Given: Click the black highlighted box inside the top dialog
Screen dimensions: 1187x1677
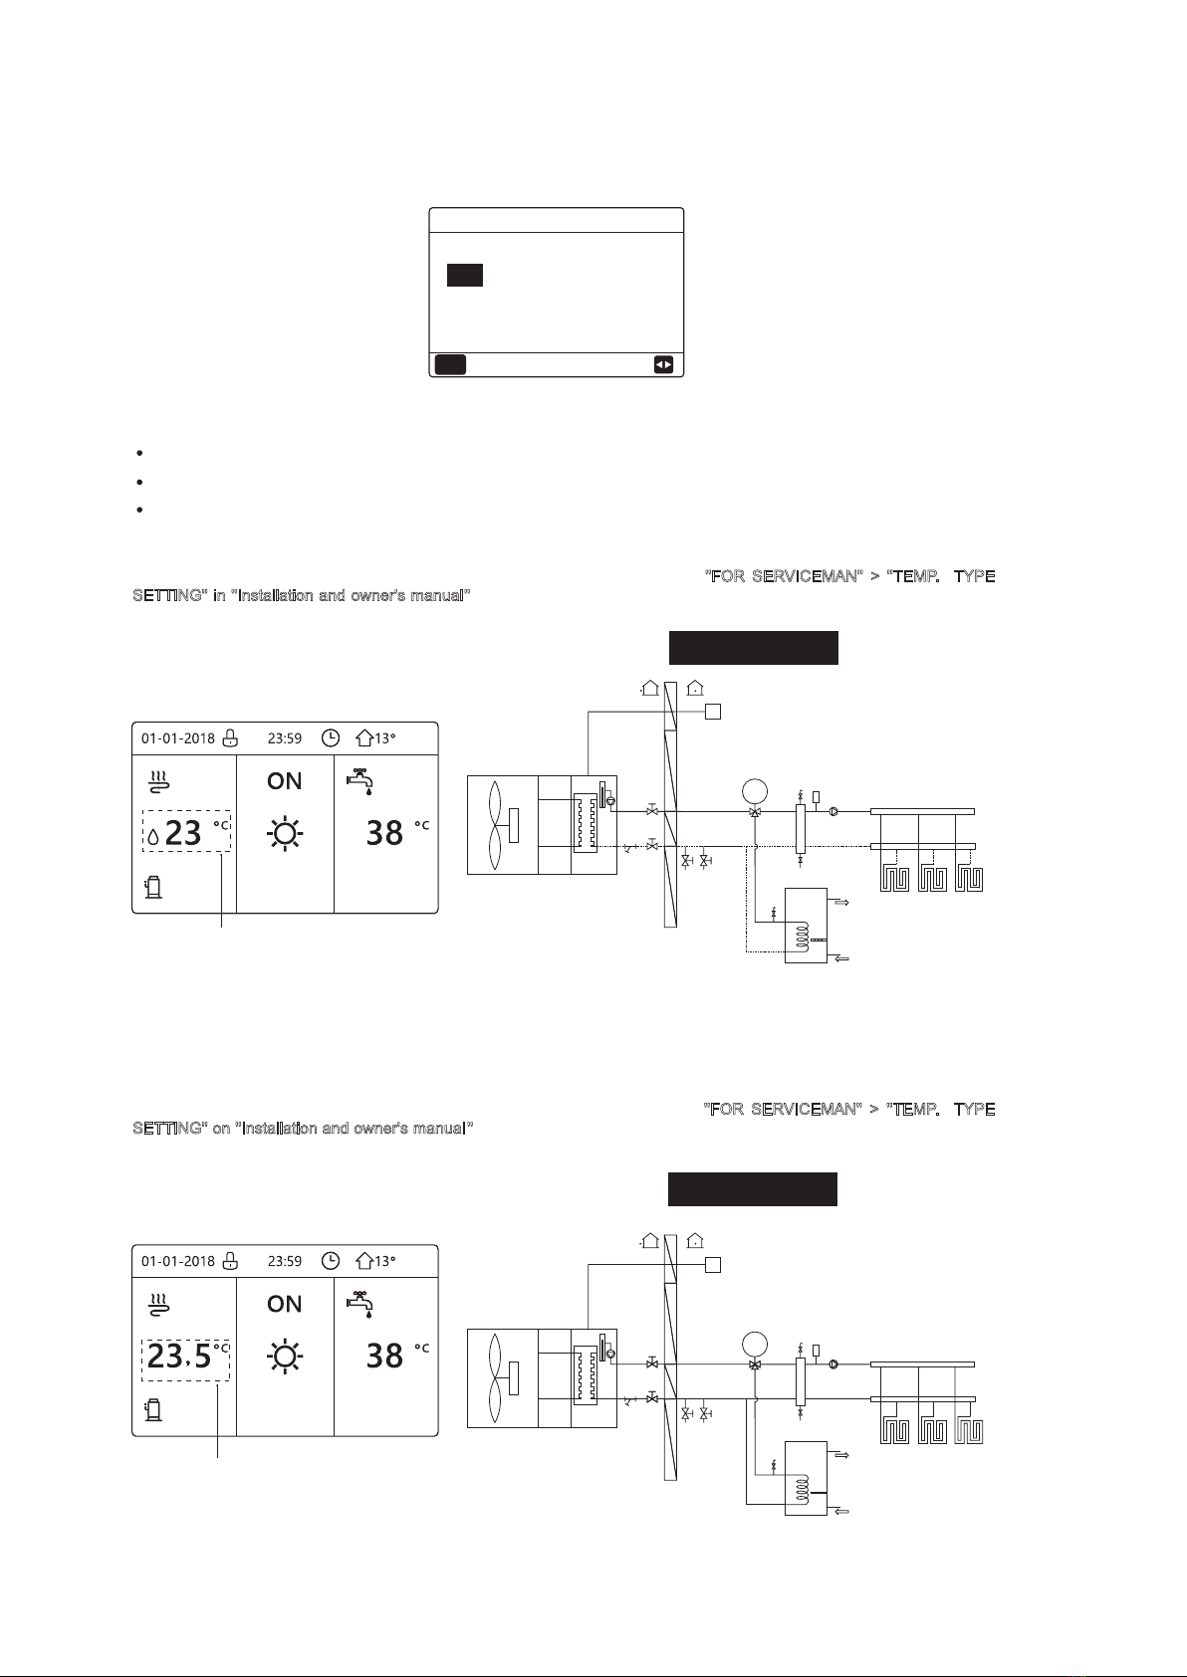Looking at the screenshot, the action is tap(464, 275).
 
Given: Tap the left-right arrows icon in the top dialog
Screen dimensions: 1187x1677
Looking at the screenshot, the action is tap(663, 365).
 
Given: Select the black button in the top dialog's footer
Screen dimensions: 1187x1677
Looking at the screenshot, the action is tap(450, 365).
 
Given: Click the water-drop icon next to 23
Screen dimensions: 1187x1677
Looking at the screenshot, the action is tap(152, 838).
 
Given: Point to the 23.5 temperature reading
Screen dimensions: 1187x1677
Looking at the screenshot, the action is tap(180, 1356).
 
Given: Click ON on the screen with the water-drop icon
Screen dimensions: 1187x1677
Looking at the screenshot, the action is tap(285, 781).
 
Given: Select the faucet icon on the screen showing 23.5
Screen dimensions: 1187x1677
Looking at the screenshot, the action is tap(359, 1302).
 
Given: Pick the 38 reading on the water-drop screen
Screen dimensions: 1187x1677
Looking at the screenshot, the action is tap(384, 833).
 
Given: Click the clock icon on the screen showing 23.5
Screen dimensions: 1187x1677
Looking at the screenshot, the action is tap(331, 1261).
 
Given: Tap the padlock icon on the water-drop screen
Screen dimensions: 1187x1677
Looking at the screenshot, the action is tap(230, 738).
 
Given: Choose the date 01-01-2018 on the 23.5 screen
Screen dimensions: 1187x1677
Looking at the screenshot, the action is tap(177, 1261).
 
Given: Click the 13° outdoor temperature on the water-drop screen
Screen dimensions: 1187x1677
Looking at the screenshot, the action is tap(377, 738).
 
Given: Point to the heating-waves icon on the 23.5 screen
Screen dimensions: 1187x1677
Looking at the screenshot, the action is tap(158, 1303).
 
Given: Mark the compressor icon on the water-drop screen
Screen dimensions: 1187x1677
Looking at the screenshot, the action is tap(153, 887).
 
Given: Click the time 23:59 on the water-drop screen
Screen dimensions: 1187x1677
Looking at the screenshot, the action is tap(285, 738).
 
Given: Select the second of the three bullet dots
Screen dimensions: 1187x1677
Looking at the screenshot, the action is tap(139, 482).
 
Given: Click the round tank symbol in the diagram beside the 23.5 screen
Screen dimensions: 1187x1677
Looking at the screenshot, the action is tap(755, 1345).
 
